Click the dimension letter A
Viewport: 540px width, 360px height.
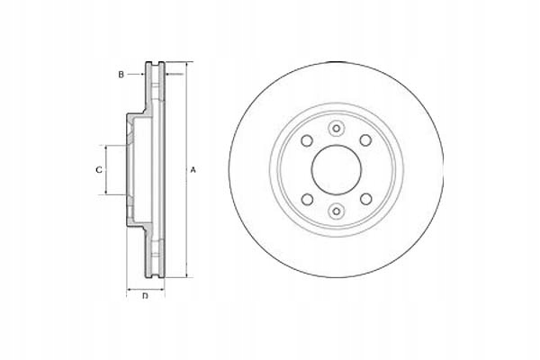(193, 170)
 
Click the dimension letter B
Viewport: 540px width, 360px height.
(121, 75)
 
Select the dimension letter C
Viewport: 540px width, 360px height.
(99, 170)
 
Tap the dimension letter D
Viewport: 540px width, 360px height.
(145, 296)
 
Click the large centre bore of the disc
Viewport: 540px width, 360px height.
(336, 170)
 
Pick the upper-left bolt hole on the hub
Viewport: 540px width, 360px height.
(307, 140)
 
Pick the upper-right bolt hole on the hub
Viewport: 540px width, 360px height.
(365, 140)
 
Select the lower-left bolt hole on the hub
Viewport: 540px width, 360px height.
(307, 199)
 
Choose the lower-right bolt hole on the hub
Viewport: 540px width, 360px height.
(365, 199)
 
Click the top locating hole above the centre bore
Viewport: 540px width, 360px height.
(336, 129)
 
